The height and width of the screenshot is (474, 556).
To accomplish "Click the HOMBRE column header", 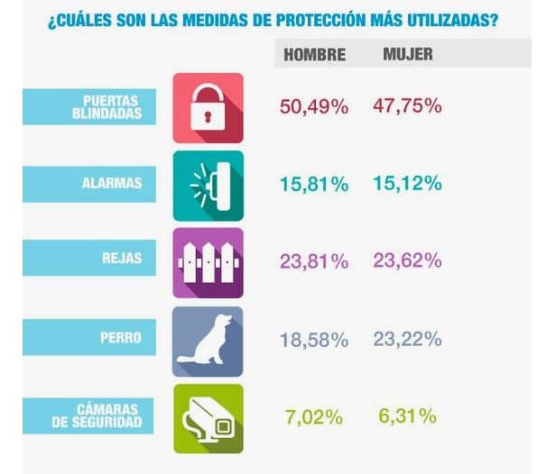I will coord(314,55).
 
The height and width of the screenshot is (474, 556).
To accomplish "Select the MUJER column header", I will coord(408,54).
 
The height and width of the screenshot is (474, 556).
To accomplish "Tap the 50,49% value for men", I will coord(314,107).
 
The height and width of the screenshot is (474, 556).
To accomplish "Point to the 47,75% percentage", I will coord(407,106).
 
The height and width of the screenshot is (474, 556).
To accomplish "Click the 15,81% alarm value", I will coord(314,185).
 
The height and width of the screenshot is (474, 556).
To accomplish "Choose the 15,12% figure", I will coord(407,184).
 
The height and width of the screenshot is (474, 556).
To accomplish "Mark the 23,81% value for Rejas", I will coord(314,262).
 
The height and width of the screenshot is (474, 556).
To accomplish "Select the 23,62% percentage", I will coord(407,261).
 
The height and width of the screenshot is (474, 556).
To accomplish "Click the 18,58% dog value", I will coord(314,340).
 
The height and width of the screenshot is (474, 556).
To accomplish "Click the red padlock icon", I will coord(208,107).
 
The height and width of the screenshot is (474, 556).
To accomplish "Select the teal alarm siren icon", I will coord(208,185).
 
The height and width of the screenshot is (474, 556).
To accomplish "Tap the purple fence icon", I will coord(208,262).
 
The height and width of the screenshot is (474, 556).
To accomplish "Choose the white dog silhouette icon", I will coord(208,340).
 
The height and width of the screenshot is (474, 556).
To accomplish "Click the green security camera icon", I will coord(208,417).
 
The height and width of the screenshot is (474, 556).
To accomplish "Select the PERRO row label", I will coord(122,338).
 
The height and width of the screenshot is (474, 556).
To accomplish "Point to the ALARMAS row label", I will coord(112,183).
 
